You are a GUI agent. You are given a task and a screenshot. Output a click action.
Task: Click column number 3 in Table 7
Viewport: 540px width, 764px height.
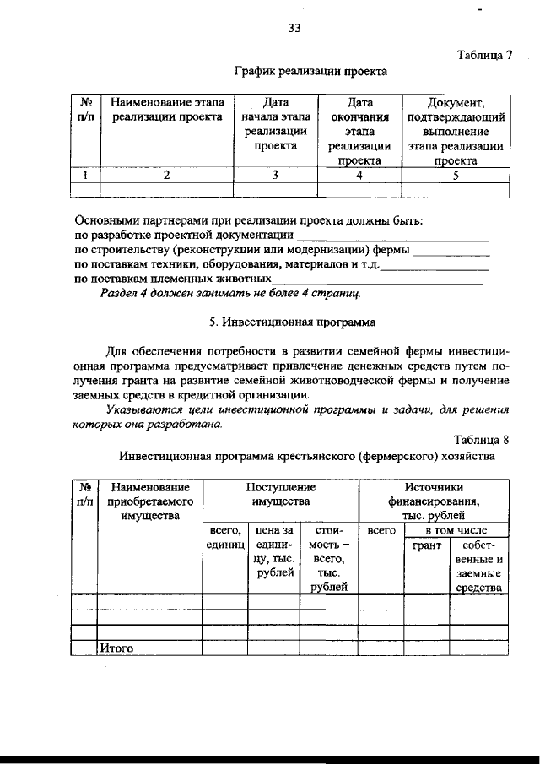coord(274,176)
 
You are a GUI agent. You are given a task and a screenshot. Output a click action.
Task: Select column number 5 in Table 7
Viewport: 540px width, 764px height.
coord(456,176)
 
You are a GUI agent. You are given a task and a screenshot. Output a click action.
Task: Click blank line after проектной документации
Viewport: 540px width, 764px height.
coord(393,238)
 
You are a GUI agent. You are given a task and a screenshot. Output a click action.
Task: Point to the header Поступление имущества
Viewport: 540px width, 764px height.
coord(281,495)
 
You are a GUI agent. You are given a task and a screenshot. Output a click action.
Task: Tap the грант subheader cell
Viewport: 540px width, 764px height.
coord(426,546)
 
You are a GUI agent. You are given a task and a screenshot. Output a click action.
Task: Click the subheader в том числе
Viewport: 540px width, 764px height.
coord(455,530)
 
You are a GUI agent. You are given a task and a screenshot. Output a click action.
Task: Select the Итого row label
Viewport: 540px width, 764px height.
coord(117,649)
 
